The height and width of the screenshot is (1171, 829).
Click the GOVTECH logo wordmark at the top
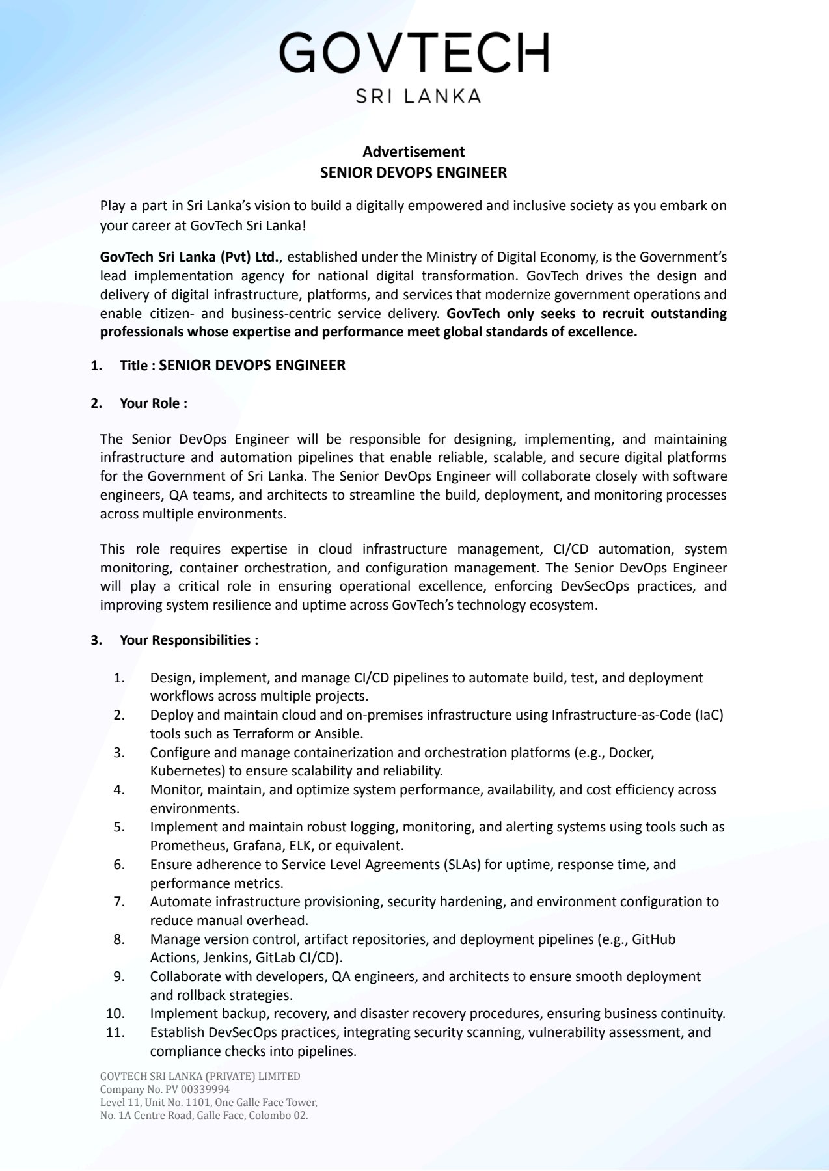pyautogui.click(x=414, y=53)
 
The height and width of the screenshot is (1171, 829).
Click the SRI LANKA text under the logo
pyautogui.click(x=418, y=96)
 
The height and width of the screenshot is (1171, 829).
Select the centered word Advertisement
pyautogui.click(x=413, y=152)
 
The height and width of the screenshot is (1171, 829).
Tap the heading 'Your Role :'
pyautogui.click(x=153, y=403)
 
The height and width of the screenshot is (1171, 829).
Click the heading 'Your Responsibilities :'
pyautogui.click(x=189, y=640)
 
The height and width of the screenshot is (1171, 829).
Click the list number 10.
pyautogui.click(x=115, y=1014)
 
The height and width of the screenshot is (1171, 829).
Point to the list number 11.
pyautogui.click(x=115, y=1032)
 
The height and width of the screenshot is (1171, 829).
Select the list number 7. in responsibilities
pyautogui.click(x=119, y=902)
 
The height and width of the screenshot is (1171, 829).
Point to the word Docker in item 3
pyautogui.click(x=631, y=753)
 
